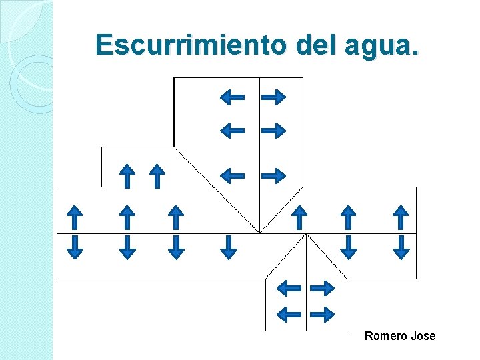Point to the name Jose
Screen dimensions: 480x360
[x=423, y=335]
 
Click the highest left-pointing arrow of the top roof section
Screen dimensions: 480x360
[x=232, y=97]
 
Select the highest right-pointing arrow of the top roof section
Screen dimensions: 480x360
[x=273, y=97]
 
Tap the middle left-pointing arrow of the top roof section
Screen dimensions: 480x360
[x=232, y=131]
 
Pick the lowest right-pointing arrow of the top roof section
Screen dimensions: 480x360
[x=273, y=176]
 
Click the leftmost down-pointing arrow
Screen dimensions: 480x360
[x=76, y=246]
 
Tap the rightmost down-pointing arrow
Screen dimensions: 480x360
[x=400, y=246]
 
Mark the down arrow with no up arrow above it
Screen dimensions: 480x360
[x=229, y=246]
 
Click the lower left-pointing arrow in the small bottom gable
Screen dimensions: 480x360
[x=289, y=312]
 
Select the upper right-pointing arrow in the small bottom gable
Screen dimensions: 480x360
[x=323, y=288]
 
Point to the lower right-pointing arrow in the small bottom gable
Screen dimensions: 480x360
[x=323, y=312]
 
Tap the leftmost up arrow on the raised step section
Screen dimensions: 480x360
[x=127, y=177]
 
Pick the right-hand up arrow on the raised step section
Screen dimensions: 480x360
[x=157, y=177]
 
